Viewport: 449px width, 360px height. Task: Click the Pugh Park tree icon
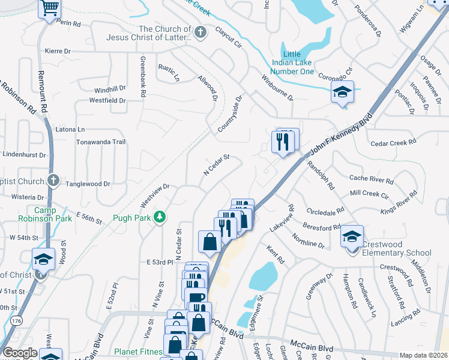(160, 217)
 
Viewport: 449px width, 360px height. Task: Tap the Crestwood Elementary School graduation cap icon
(352, 236)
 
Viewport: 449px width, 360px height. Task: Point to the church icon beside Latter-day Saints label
(200, 32)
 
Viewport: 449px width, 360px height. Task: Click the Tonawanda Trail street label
(100, 142)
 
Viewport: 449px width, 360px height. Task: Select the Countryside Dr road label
(229, 114)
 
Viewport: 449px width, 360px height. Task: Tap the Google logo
(20, 353)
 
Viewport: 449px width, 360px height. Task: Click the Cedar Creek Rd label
(393, 143)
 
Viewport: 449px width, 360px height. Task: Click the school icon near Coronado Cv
(342, 92)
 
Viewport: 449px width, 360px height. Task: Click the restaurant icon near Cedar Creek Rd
(283, 142)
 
